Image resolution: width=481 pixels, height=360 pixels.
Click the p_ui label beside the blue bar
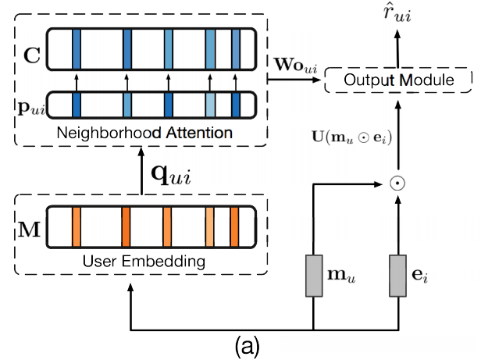tap(30, 105)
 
